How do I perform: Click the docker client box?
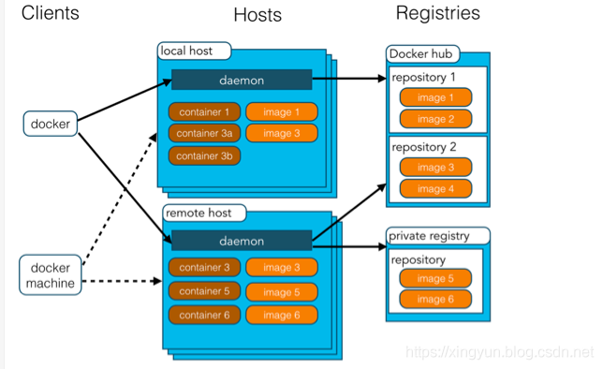[51, 122]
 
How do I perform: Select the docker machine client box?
[51, 275]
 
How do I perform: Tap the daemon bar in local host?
[241, 80]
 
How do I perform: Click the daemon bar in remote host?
[241, 242]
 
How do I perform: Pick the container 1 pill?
[202, 112]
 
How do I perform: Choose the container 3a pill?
[202, 133]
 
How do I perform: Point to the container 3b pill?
[202, 155]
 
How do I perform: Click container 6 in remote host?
[202, 315]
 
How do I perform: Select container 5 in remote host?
[202, 291]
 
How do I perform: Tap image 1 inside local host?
[282, 112]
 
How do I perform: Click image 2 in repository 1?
[434, 119]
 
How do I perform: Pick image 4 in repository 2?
[434, 188]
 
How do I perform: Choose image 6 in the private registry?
[434, 300]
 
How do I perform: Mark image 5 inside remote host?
[282, 291]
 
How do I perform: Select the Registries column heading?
[437, 13]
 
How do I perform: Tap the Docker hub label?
[421, 53]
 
